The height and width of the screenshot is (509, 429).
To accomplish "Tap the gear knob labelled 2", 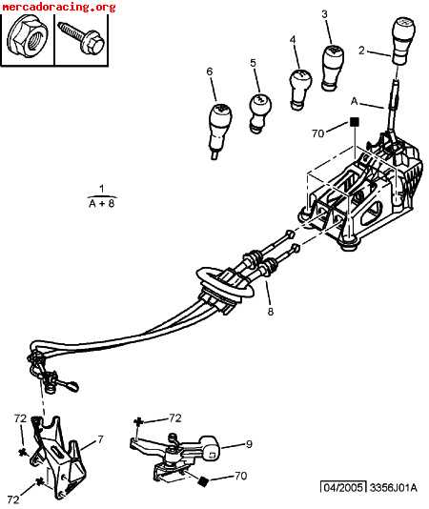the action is coord(404,41).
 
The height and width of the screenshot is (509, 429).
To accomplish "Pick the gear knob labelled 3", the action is coord(333,68).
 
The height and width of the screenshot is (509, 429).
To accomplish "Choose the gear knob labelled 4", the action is coord(299,89).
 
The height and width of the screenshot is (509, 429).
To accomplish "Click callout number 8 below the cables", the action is coord(270,312).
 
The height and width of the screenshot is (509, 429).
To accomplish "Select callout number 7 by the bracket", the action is coord(100,439).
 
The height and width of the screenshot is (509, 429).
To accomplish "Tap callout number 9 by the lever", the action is coord(249,444).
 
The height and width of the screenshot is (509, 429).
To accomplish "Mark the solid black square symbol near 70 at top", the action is coord(355,122).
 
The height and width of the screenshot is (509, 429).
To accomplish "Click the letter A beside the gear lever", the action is coord(354,102).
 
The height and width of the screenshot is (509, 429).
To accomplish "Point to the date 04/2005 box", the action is coord(343,487).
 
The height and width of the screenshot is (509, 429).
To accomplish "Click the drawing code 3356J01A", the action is coord(394,488).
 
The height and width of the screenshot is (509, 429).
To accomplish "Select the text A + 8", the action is coord(102,204).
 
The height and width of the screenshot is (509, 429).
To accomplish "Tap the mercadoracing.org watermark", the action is coord(59,7).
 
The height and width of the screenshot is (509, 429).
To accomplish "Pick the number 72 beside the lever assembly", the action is coord(174,417).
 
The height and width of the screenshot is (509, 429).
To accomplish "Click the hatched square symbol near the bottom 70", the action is coord(203,481).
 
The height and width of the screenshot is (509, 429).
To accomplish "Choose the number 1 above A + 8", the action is coord(102,189).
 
